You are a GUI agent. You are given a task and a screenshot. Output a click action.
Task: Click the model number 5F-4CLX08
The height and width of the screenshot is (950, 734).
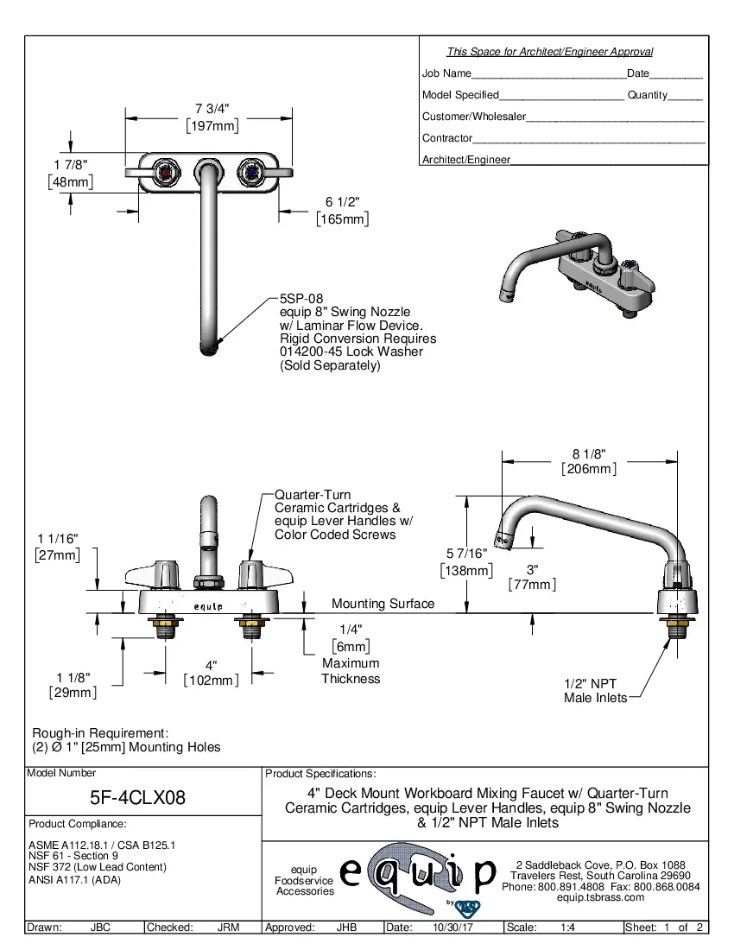[x=138, y=796]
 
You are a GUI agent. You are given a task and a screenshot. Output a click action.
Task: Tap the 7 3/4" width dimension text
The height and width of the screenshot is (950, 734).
[x=212, y=109]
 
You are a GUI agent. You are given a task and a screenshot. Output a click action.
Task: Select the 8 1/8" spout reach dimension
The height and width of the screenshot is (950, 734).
[x=588, y=453]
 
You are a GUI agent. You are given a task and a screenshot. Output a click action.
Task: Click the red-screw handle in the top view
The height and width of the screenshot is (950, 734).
[x=167, y=173]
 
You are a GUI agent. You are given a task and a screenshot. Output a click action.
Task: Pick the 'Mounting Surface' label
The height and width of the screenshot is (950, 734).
[x=383, y=604]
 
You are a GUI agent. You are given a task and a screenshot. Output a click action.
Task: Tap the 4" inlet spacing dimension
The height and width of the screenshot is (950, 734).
[x=211, y=665]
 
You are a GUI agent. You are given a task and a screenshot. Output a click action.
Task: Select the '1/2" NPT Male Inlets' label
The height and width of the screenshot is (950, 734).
[x=595, y=690]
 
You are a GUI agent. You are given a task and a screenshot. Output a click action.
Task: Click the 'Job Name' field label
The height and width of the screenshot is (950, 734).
[x=446, y=73]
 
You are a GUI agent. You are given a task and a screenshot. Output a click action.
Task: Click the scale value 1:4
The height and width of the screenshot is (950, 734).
[x=568, y=928]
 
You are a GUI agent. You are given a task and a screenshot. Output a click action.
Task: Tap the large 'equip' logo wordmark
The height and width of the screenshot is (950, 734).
[x=419, y=874]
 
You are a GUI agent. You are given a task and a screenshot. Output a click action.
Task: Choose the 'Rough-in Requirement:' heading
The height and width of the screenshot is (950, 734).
[x=100, y=732]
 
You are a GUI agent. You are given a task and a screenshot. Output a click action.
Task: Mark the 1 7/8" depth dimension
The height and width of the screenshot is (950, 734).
[x=70, y=164]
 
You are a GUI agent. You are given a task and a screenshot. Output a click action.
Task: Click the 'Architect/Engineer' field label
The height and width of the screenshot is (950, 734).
[x=465, y=159]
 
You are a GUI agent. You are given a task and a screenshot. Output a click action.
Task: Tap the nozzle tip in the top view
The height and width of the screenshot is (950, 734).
[x=209, y=349]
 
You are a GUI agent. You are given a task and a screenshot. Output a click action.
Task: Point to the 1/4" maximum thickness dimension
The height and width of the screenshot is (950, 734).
[x=351, y=629]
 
